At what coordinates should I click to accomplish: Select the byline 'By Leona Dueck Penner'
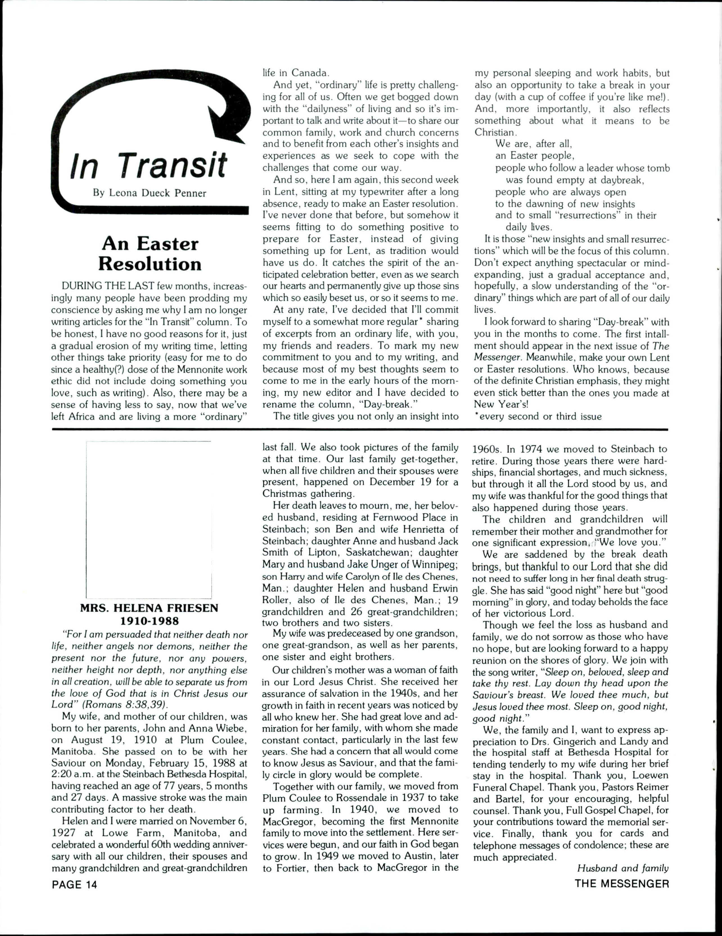[x=150, y=193]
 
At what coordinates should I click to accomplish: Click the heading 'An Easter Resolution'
[x=150, y=254]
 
